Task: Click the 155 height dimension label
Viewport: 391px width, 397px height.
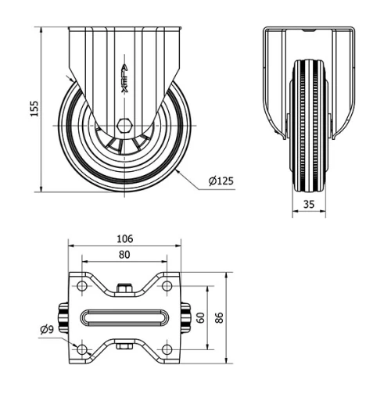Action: tap(34, 109)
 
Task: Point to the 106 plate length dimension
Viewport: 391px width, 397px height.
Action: tap(125, 238)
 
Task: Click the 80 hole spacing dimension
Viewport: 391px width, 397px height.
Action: tap(125, 254)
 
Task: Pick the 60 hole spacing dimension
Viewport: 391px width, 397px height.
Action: tap(200, 317)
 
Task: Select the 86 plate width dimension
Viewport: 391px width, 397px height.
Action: tap(220, 317)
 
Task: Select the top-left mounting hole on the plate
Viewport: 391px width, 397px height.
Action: tap(84, 288)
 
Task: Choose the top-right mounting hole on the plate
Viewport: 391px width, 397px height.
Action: tap(167, 288)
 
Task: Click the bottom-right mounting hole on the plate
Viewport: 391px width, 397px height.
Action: tap(167, 348)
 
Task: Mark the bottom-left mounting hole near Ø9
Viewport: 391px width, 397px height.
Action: tap(84, 348)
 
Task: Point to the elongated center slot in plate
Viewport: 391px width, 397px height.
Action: tap(125, 317)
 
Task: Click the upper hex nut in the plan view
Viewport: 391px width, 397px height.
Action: tap(125, 288)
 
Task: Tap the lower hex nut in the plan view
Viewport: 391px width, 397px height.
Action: tap(125, 346)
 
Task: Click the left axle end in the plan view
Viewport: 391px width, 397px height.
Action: tap(62, 317)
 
